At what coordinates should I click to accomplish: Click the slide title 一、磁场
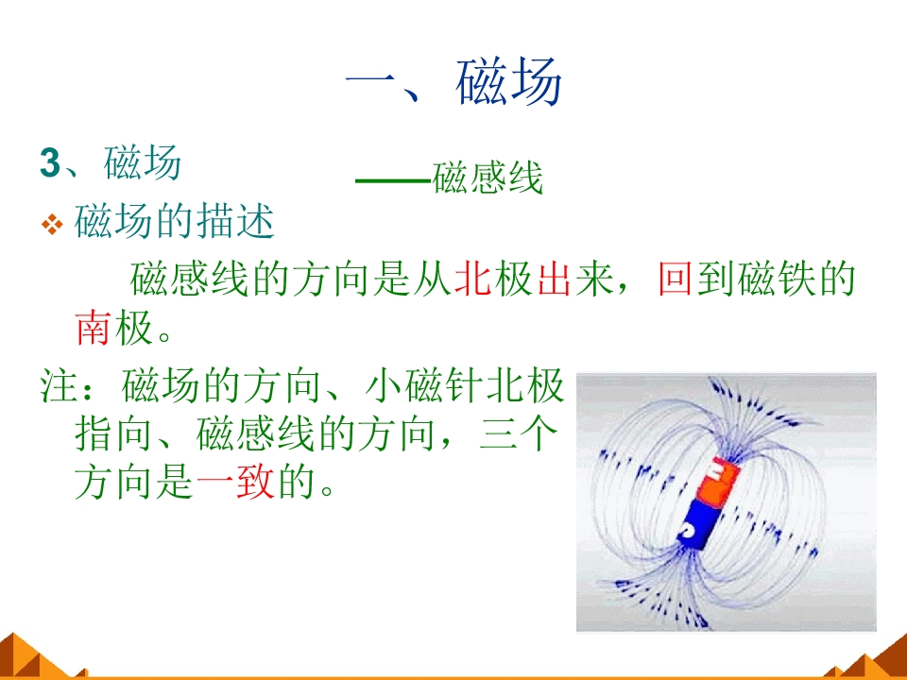click(453, 81)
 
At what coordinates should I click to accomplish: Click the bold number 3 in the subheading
click(50, 162)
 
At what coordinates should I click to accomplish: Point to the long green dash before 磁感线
click(393, 180)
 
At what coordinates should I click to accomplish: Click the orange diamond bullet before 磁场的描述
click(52, 225)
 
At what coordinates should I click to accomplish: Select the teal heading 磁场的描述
click(174, 221)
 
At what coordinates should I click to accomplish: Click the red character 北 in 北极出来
click(472, 279)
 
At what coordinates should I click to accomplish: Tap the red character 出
click(555, 279)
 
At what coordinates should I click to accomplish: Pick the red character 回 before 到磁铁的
click(676, 279)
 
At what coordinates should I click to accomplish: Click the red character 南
click(94, 328)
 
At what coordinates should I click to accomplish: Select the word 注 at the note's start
click(58, 385)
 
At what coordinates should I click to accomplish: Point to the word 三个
click(519, 433)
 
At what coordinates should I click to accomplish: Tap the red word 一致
click(235, 482)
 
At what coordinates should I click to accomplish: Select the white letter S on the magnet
click(688, 530)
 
